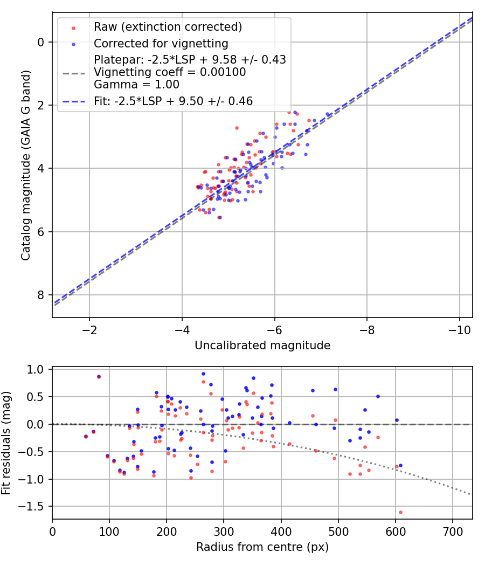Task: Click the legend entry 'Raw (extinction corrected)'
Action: coord(168,27)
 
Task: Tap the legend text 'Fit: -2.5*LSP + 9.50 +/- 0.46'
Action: coord(173,100)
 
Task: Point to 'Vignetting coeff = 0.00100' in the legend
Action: coord(170,72)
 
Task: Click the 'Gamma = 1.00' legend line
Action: coord(136,84)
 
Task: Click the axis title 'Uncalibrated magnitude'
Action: coord(262,346)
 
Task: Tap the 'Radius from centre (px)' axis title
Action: coord(262,548)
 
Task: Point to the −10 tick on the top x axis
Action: coord(459,330)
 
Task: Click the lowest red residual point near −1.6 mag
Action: coord(400,512)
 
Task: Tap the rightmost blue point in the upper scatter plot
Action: coord(327,114)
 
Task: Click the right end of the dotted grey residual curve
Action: coord(470,494)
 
